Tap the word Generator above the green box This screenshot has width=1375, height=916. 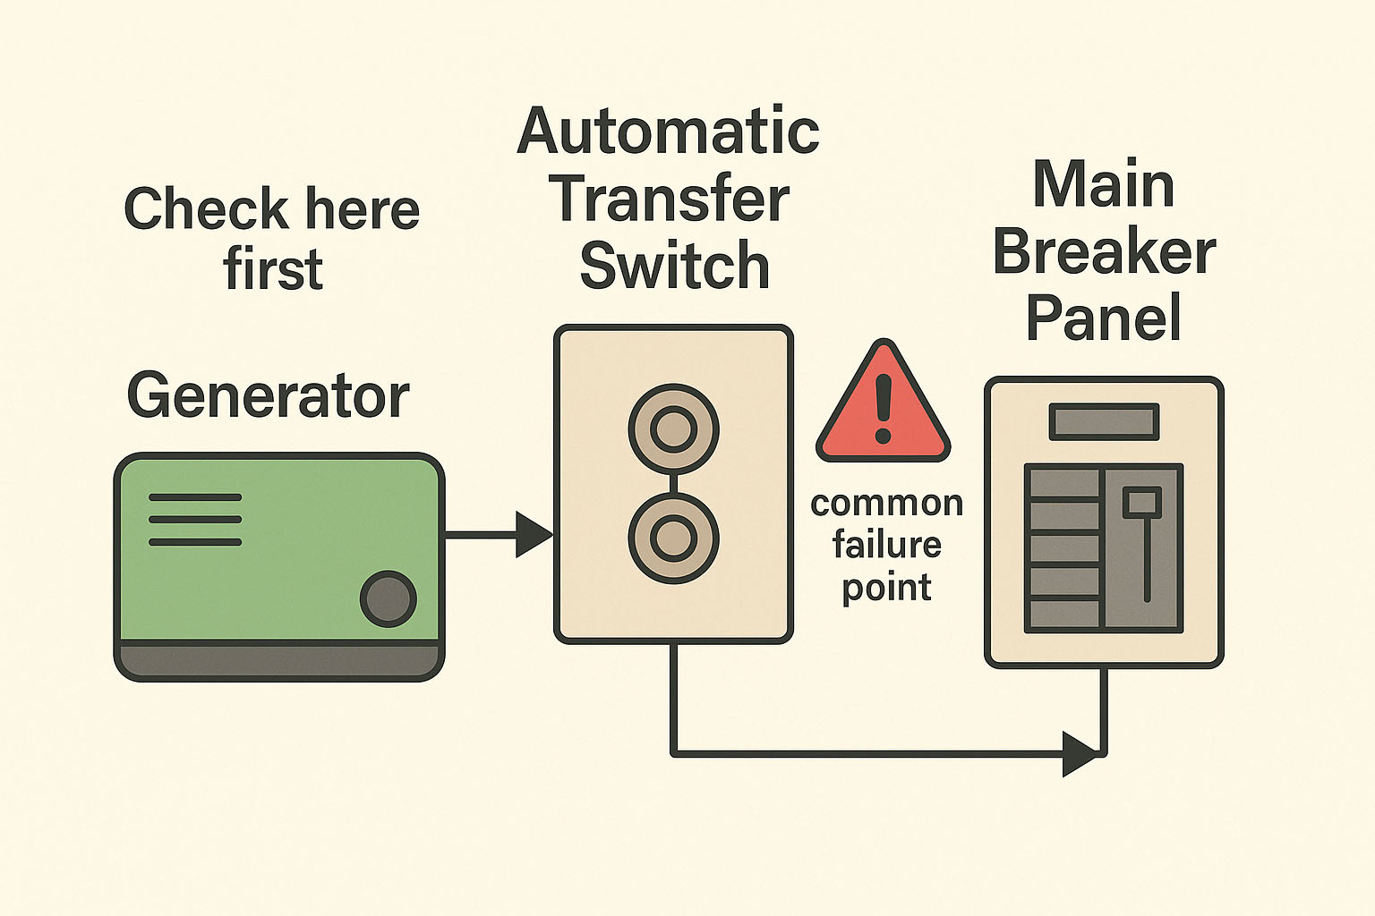268,395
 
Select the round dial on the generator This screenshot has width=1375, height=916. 388,598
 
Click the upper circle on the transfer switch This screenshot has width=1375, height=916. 673,429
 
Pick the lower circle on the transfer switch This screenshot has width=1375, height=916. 673,539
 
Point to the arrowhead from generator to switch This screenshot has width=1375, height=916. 534,535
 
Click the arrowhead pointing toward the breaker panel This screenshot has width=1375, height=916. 1078,753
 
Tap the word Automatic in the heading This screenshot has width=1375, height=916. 668,131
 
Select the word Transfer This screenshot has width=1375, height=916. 670,199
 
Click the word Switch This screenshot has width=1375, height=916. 674,266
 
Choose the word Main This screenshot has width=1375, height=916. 1103,185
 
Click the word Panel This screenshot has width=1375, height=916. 1103,318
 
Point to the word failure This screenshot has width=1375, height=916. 886,545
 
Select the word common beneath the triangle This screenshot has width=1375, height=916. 886,504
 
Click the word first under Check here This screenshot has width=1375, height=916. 273,269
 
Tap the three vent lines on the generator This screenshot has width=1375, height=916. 195,519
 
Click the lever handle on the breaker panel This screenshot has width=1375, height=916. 1142,502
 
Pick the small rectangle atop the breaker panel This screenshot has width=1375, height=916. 1104,421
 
